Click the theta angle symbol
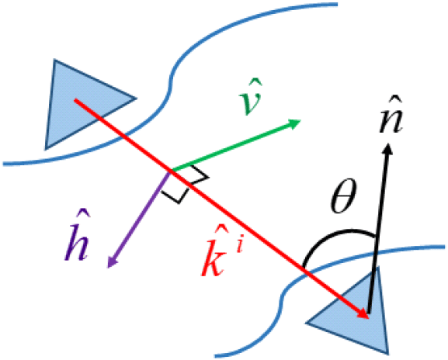[343, 196]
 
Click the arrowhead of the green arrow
[295, 123]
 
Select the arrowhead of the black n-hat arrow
[387, 148]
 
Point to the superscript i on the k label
[239, 246]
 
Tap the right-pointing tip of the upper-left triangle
[136, 99]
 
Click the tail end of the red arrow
[75, 100]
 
